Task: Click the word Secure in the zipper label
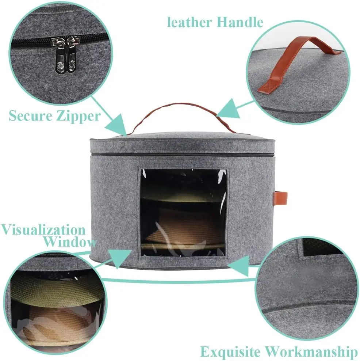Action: coord(30,116)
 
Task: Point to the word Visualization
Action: coord(43,230)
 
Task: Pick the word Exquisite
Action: coord(230,351)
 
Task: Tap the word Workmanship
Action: coord(311,351)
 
